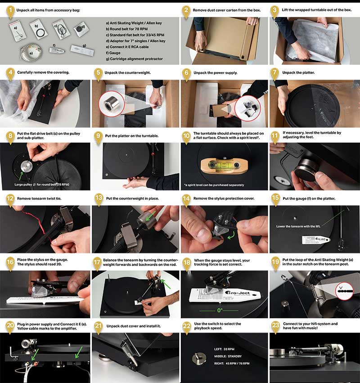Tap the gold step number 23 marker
click(275, 326)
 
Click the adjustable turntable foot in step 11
click(307, 173)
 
